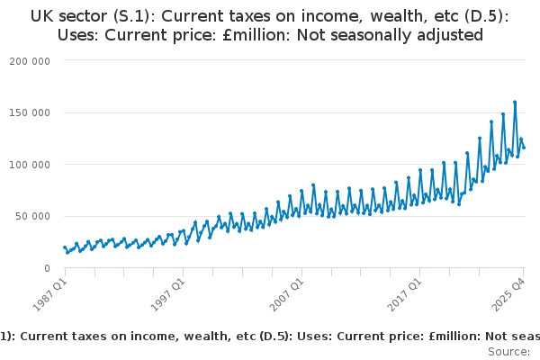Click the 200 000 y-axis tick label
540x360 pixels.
click(30, 60)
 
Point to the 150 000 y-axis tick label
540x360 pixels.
click(30, 112)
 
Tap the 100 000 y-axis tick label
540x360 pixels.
click(30, 165)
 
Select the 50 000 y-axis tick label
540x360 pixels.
click(33, 216)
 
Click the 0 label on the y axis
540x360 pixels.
click(45, 268)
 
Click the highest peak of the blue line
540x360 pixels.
click(515, 102)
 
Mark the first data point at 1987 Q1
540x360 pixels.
click(65, 247)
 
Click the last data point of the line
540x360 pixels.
click(524, 147)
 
